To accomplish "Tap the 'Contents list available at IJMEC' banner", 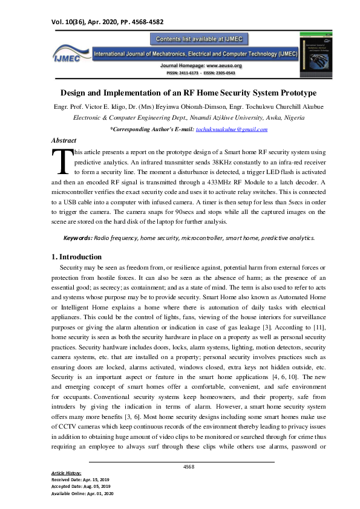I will click(199, 39).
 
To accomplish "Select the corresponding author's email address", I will click(232, 129).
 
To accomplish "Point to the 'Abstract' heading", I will click(64, 140).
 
